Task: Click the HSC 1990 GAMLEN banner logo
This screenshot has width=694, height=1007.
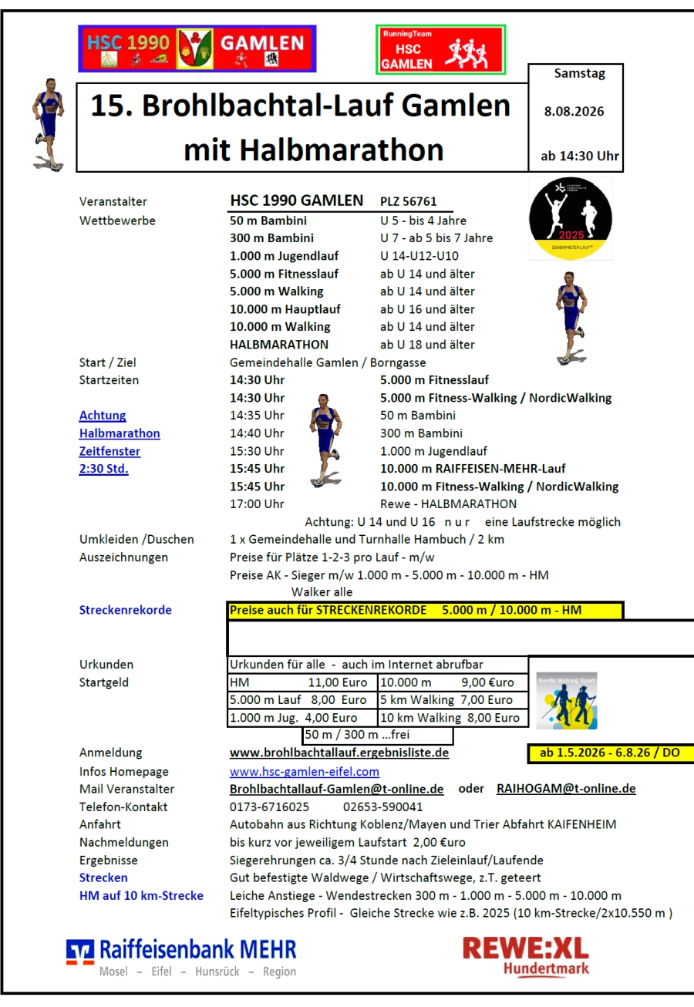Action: (197, 49)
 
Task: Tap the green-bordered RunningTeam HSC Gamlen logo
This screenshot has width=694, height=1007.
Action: (440, 49)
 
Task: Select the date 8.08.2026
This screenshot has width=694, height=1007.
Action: (574, 111)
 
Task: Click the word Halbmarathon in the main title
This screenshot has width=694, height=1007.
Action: (313, 150)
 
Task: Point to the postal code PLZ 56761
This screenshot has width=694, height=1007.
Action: (408, 202)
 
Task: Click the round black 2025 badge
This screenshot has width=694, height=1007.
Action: (570, 218)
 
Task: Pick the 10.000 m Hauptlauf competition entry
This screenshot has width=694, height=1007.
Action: (285, 309)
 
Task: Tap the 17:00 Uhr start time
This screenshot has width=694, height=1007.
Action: (257, 504)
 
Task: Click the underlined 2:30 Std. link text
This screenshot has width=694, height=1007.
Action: (103, 469)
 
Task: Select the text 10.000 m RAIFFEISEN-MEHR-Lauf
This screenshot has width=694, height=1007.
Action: (473, 469)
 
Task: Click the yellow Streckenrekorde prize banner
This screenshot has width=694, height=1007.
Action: (424, 611)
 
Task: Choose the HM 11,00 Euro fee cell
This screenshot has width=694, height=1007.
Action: (302, 682)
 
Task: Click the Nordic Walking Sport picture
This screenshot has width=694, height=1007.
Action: (567, 701)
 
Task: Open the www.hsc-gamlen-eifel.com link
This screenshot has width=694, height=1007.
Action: (305, 771)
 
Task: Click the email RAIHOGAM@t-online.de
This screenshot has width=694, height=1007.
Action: (566, 789)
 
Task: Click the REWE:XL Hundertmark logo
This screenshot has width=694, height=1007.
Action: (525, 955)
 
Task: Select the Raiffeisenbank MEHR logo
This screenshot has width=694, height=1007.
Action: (182, 957)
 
